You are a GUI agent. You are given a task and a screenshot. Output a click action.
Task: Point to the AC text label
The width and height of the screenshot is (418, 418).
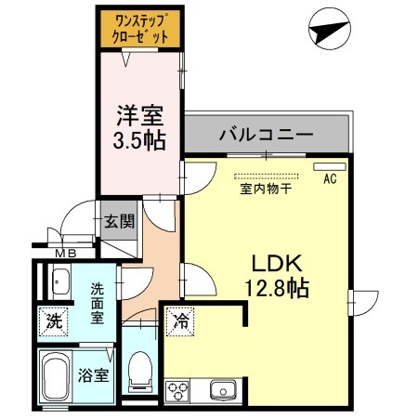click(329, 180)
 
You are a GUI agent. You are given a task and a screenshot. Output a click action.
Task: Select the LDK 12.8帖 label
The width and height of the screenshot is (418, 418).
click(269, 274)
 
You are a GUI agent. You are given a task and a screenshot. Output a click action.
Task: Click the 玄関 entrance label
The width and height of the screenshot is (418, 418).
click(119, 221)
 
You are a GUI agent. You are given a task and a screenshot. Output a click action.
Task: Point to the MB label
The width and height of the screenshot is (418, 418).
click(65, 253)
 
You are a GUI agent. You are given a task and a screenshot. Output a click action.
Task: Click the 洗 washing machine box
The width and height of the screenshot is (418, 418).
click(55, 322)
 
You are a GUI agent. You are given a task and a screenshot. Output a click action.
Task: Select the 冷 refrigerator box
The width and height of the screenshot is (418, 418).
click(182, 322)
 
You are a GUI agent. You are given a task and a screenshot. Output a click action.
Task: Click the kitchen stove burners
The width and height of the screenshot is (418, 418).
click(177, 388)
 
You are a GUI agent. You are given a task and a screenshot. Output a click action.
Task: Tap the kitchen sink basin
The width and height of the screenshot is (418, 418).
click(222, 388)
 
